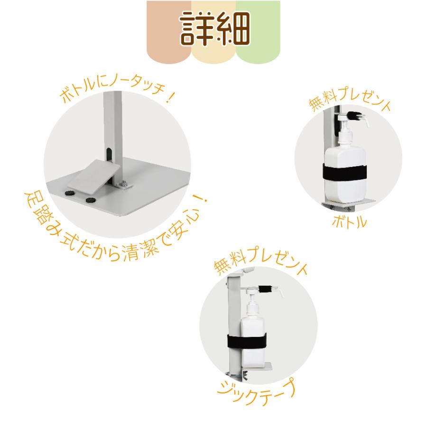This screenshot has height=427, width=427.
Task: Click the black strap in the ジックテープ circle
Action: tap(247, 342)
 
